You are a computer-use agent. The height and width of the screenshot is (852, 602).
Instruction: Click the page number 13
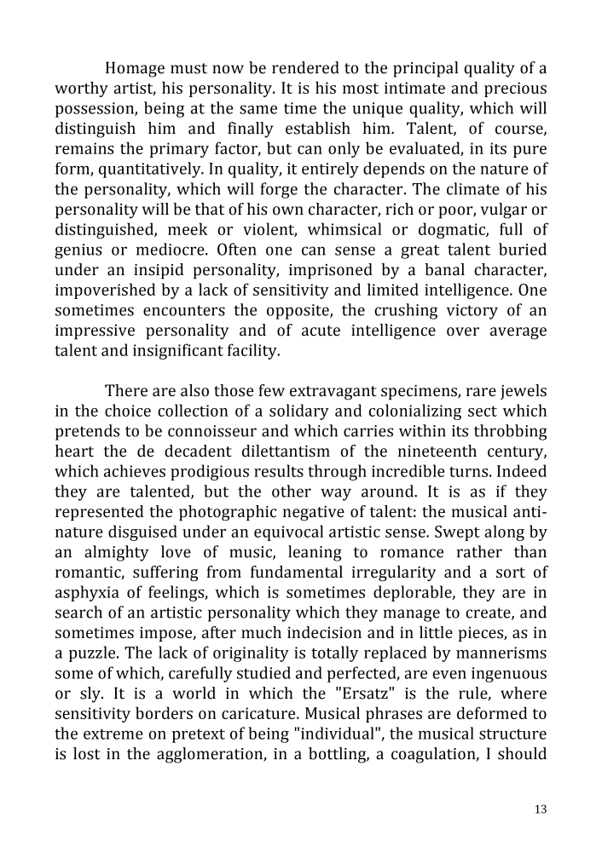click(x=540, y=809)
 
